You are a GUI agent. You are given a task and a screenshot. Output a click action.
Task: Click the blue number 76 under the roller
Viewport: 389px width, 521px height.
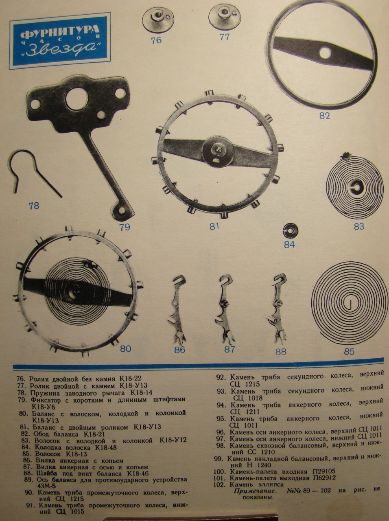point(156,40)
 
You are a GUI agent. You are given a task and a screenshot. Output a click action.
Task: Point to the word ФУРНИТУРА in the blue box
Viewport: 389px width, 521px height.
point(60,34)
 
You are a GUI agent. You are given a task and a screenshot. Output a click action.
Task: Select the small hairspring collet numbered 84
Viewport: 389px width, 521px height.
point(291,230)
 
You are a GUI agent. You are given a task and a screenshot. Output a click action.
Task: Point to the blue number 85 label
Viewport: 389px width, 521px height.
point(349,351)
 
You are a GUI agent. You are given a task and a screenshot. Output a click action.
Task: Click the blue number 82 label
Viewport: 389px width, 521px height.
point(325,116)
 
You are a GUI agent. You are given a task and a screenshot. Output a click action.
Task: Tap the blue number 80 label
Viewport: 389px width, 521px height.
point(125,349)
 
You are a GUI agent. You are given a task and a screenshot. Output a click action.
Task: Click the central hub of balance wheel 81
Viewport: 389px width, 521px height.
point(218,151)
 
